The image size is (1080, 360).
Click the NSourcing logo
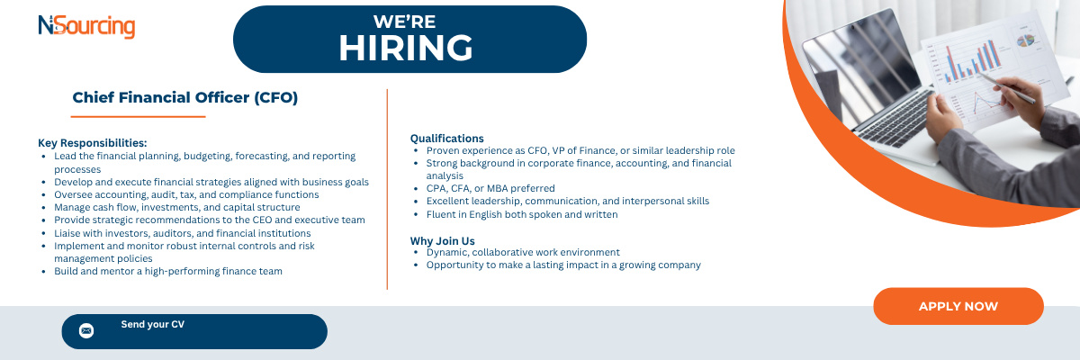(x=86, y=26)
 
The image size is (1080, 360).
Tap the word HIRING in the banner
(x=406, y=49)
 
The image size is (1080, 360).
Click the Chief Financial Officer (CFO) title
(x=185, y=98)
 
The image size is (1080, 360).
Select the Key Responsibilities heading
(x=93, y=143)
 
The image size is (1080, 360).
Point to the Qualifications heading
(x=447, y=139)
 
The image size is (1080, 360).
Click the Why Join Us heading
(x=443, y=241)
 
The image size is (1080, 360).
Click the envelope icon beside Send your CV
(x=86, y=330)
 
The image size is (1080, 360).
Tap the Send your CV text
(x=153, y=324)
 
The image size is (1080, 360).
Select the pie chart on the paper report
(x=1025, y=41)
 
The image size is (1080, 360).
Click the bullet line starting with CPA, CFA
(x=490, y=188)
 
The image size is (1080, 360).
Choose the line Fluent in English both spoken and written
(x=522, y=214)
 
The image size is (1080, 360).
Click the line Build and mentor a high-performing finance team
(x=168, y=271)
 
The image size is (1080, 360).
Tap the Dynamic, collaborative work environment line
(x=523, y=253)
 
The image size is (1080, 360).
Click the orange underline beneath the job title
(x=138, y=117)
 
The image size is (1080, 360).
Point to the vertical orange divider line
(x=387, y=189)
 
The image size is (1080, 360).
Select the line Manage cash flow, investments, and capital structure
(x=177, y=208)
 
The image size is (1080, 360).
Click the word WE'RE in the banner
(x=404, y=22)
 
